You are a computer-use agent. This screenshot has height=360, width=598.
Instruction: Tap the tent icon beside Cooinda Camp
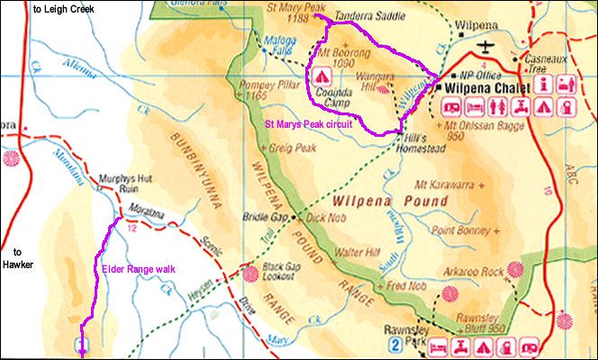(x=320, y=76)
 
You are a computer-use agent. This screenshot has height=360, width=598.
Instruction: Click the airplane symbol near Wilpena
(x=487, y=46)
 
